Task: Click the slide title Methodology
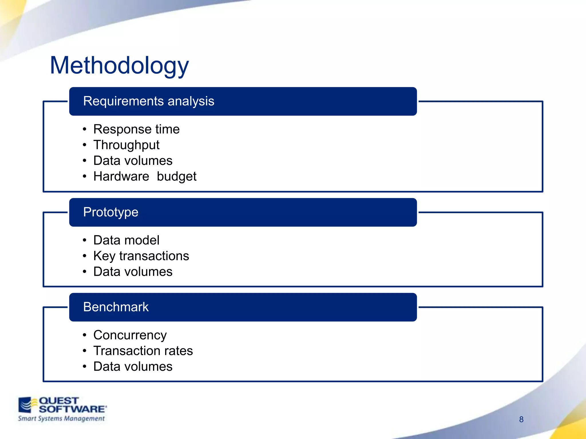tap(119, 66)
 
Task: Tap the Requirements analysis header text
tap(149, 101)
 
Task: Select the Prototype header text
tap(111, 212)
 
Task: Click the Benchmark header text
tap(116, 307)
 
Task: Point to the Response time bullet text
tap(136, 129)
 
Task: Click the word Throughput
tap(126, 145)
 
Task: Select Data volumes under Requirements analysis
tap(133, 161)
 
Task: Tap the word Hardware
tap(121, 176)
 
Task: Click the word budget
tap(177, 176)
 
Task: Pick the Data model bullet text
tap(126, 240)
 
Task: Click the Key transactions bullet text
tap(141, 256)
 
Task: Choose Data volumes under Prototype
tap(133, 272)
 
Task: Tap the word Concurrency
tap(130, 335)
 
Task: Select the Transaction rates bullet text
tap(143, 351)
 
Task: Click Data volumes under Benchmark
tap(133, 366)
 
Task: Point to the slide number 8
tap(521, 419)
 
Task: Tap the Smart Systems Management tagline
tap(61, 419)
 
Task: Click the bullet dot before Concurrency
tap(84, 335)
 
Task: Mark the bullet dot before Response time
tap(84, 129)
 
